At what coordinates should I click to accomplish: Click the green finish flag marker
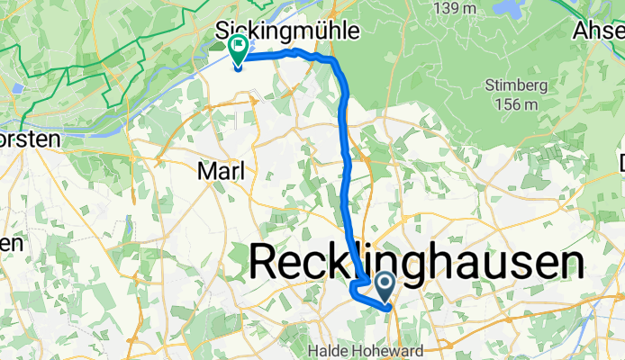239,49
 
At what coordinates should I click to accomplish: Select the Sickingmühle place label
287,31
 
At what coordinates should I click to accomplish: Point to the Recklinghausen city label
415,263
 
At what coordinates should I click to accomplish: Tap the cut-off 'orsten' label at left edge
29,139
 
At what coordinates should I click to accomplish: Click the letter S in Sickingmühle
222,31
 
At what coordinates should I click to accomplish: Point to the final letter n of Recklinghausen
569,263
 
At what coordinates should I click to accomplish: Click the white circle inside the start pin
385,285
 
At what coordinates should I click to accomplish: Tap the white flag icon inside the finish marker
240,44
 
